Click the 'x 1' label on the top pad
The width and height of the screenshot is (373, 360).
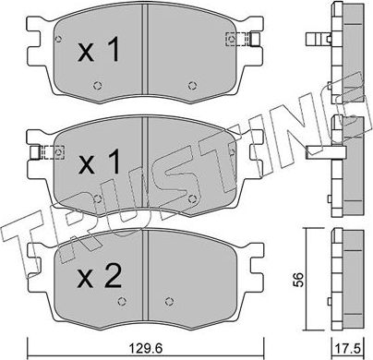[99, 52]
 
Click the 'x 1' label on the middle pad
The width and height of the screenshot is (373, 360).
[99, 164]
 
